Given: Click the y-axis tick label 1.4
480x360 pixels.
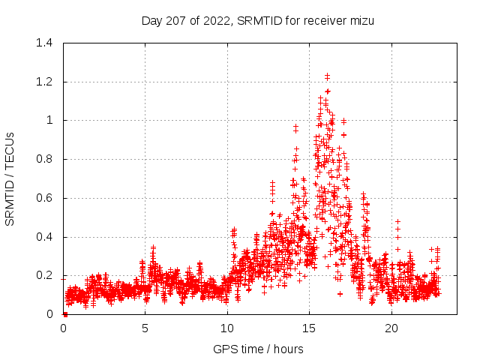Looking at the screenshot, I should (46, 43).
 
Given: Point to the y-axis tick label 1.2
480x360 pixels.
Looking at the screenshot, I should (46, 82).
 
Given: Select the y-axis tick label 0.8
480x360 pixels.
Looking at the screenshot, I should (46, 159).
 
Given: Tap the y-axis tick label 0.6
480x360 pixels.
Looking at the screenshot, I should (46, 198).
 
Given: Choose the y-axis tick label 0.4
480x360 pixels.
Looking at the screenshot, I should (46, 237).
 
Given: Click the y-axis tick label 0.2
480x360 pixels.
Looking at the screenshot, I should (46, 275).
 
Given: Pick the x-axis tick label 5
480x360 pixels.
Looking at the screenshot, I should (145, 328).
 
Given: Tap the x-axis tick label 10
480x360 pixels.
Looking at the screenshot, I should (227, 328).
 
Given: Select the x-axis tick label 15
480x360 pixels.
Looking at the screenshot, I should (309, 328).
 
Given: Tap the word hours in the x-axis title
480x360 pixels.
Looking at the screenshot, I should (288, 349).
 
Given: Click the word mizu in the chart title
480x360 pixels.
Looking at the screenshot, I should (361, 21).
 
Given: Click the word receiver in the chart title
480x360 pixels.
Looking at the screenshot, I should (323, 21).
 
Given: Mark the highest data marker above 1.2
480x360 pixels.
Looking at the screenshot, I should (327, 75).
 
